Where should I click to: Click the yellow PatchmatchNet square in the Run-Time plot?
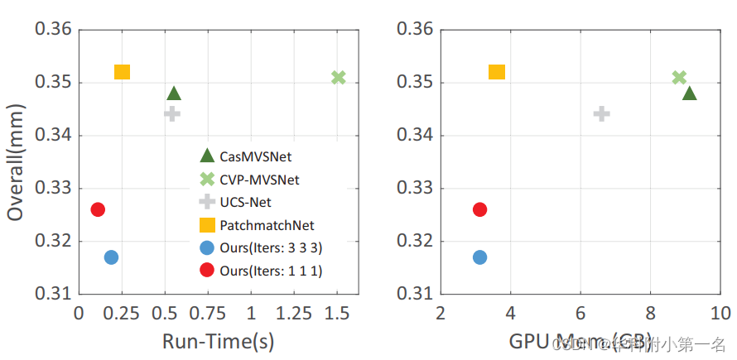point(122,72)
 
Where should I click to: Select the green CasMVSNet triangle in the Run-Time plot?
point(174,94)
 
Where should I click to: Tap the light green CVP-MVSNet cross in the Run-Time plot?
point(338,78)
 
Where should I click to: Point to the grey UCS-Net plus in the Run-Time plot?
point(172,113)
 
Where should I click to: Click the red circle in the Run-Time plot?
point(98,209)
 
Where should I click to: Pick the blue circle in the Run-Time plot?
point(111,257)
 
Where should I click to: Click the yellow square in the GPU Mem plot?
point(497,72)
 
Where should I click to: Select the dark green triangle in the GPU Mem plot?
point(689,94)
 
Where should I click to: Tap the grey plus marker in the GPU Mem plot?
point(602,113)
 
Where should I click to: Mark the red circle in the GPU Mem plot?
point(479,209)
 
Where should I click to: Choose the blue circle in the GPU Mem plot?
point(479,257)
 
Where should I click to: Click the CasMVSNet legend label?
point(256,156)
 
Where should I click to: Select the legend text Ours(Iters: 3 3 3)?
point(272,247)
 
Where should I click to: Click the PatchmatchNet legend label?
point(267,225)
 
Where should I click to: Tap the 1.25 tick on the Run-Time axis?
point(294,314)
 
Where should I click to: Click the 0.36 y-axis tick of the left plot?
point(51,31)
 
